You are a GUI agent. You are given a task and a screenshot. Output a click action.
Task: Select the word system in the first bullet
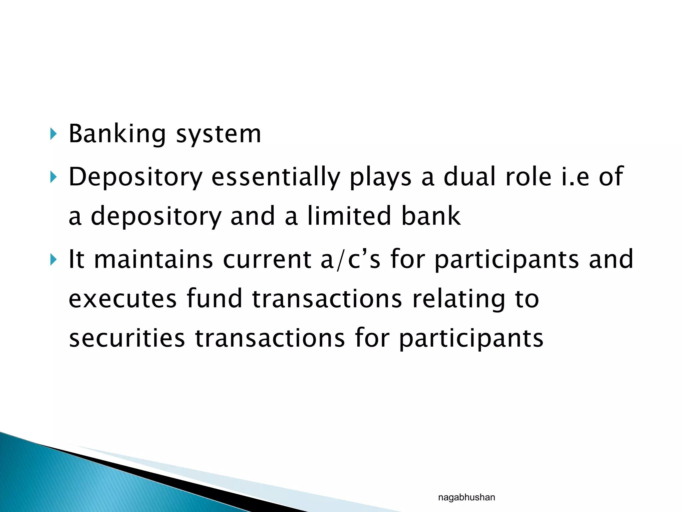tap(218, 134)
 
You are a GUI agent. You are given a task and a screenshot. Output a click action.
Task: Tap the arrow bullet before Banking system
tap(53, 134)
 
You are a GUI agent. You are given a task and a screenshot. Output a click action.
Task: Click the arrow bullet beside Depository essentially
tap(53, 177)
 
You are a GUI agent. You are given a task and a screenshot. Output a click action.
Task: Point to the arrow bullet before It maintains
tap(53, 259)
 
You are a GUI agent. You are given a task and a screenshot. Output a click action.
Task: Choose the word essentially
tap(276, 177)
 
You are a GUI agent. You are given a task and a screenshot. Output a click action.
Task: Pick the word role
tap(528, 177)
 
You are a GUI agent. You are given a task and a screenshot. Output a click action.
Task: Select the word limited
tap(349, 216)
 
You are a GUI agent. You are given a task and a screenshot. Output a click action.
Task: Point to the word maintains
tap(154, 259)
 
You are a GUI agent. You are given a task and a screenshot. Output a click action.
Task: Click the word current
tap(267, 259)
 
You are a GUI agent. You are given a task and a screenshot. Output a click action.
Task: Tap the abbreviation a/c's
tap(350, 259)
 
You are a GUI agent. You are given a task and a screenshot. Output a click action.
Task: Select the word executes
tap(123, 299)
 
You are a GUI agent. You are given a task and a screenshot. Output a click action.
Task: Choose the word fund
tap(214, 299)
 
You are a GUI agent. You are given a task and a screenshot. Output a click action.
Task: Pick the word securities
tap(127, 338)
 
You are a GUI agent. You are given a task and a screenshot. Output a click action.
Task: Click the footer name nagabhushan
tap(466, 498)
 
